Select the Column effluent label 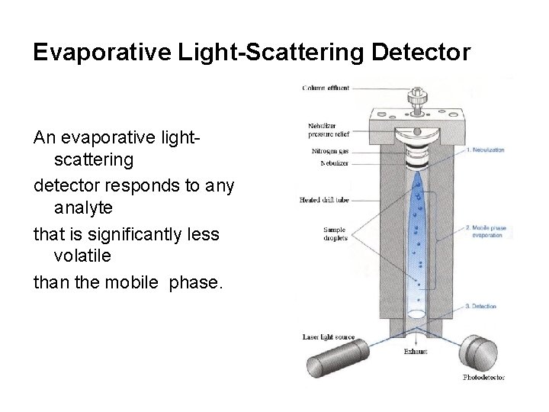click(326, 89)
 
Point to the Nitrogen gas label click(329, 152)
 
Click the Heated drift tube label click(325, 199)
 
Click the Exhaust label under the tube click(416, 352)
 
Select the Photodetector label click(483, 377)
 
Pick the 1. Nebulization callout click(485, 150)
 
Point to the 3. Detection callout click(480, 306)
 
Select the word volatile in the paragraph click(83, 258)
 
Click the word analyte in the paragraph click(85, 208)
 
